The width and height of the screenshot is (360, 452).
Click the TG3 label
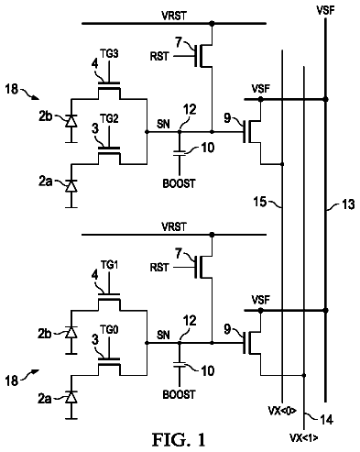click(109, 54)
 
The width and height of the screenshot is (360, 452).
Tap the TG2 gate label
click(109, 118)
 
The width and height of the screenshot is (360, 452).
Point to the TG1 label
click(109, 265)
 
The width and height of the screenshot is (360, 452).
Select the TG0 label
click(109, 330)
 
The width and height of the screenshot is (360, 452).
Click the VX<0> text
click(282, 411)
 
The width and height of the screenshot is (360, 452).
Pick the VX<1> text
click(303, 438)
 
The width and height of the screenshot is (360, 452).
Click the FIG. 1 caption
click(179, 439)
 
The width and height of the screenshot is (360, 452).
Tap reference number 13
click(347, 204)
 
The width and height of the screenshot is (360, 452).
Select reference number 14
click(326, 419)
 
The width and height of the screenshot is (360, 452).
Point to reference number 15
click(260, 202)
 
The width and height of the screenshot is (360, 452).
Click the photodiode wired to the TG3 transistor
click(71, 121)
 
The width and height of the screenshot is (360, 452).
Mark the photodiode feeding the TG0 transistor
click(71, 397)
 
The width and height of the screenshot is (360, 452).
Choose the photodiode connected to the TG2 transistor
click(71, 186)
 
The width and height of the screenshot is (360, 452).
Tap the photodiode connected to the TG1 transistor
click(71, 332)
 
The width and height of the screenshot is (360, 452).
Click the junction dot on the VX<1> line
click(304, 375)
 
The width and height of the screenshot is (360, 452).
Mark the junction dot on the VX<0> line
click(282, 164)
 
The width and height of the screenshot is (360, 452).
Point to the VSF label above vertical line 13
click(325, 10)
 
